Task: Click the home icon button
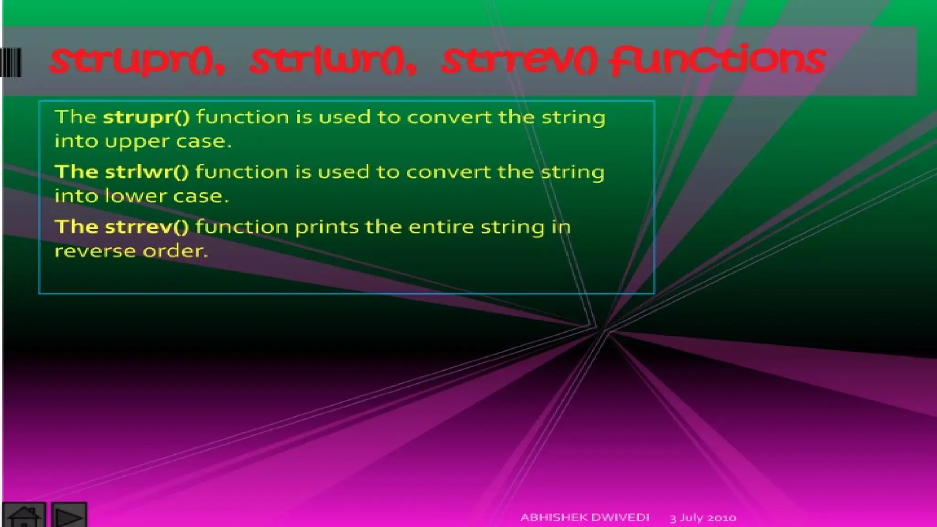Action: pos(24,516)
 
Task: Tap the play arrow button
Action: pos(69,516)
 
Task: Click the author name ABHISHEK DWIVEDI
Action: pos(585,517)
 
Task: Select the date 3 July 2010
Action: pos(703,518)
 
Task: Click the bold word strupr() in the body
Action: pos(146,118)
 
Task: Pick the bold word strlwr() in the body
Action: pos(146,172)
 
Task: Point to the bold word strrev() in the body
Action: pos(146,227)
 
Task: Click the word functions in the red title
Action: pos(718,61)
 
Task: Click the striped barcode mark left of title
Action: pos(11,62)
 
